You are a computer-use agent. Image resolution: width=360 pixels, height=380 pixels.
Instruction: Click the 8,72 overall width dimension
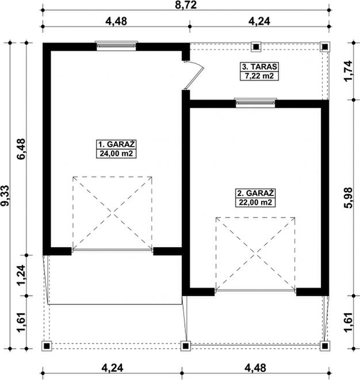186,5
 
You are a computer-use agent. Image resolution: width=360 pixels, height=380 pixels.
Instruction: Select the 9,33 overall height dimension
5,195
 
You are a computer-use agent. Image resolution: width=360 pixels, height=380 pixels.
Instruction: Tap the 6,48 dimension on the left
21,149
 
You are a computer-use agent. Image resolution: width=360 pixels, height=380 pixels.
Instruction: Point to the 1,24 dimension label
21,275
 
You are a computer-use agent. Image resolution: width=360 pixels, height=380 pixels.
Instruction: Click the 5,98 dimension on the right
349,198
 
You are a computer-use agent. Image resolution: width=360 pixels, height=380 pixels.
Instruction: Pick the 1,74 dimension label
349,71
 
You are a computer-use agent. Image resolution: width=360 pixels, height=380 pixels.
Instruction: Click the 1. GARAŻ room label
116,144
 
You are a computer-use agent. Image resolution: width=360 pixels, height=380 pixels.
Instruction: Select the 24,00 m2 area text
116,153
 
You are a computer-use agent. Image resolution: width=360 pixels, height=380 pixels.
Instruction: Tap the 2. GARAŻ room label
255,193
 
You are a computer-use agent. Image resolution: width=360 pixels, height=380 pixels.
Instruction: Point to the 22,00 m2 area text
255,202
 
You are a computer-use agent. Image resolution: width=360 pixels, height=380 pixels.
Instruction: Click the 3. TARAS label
259,67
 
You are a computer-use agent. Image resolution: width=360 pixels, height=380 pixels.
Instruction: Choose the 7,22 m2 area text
259,76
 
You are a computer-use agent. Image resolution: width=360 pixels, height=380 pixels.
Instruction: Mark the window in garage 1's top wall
116,46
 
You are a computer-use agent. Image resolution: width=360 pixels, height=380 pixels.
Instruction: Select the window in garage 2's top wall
255,103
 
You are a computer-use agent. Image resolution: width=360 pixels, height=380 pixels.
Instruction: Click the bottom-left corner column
47,346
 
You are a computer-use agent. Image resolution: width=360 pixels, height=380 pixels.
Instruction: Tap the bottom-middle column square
185,346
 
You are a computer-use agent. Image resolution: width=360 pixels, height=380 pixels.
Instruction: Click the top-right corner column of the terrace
325,47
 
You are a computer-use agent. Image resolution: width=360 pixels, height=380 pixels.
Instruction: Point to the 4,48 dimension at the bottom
255,368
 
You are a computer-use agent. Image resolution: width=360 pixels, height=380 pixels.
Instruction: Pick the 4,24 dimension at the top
259,21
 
